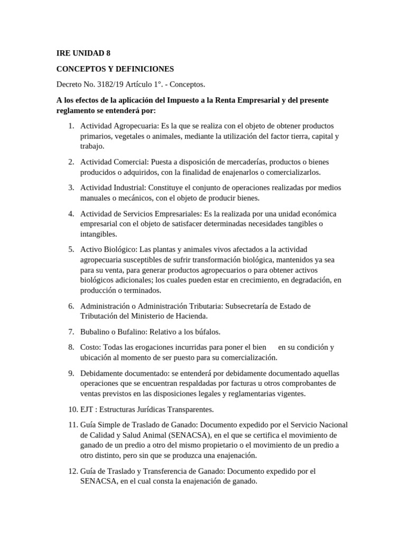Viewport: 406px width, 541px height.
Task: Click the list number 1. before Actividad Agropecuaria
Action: coord(71,126)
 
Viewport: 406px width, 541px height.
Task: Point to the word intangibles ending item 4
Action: coord(99,234)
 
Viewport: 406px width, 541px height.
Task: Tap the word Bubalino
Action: coord(97,332)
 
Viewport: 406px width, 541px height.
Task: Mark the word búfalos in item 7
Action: coord(205,332)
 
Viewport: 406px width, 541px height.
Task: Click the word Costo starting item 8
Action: coord(90,347)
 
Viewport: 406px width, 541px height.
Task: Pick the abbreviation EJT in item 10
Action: coord(87,409)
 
